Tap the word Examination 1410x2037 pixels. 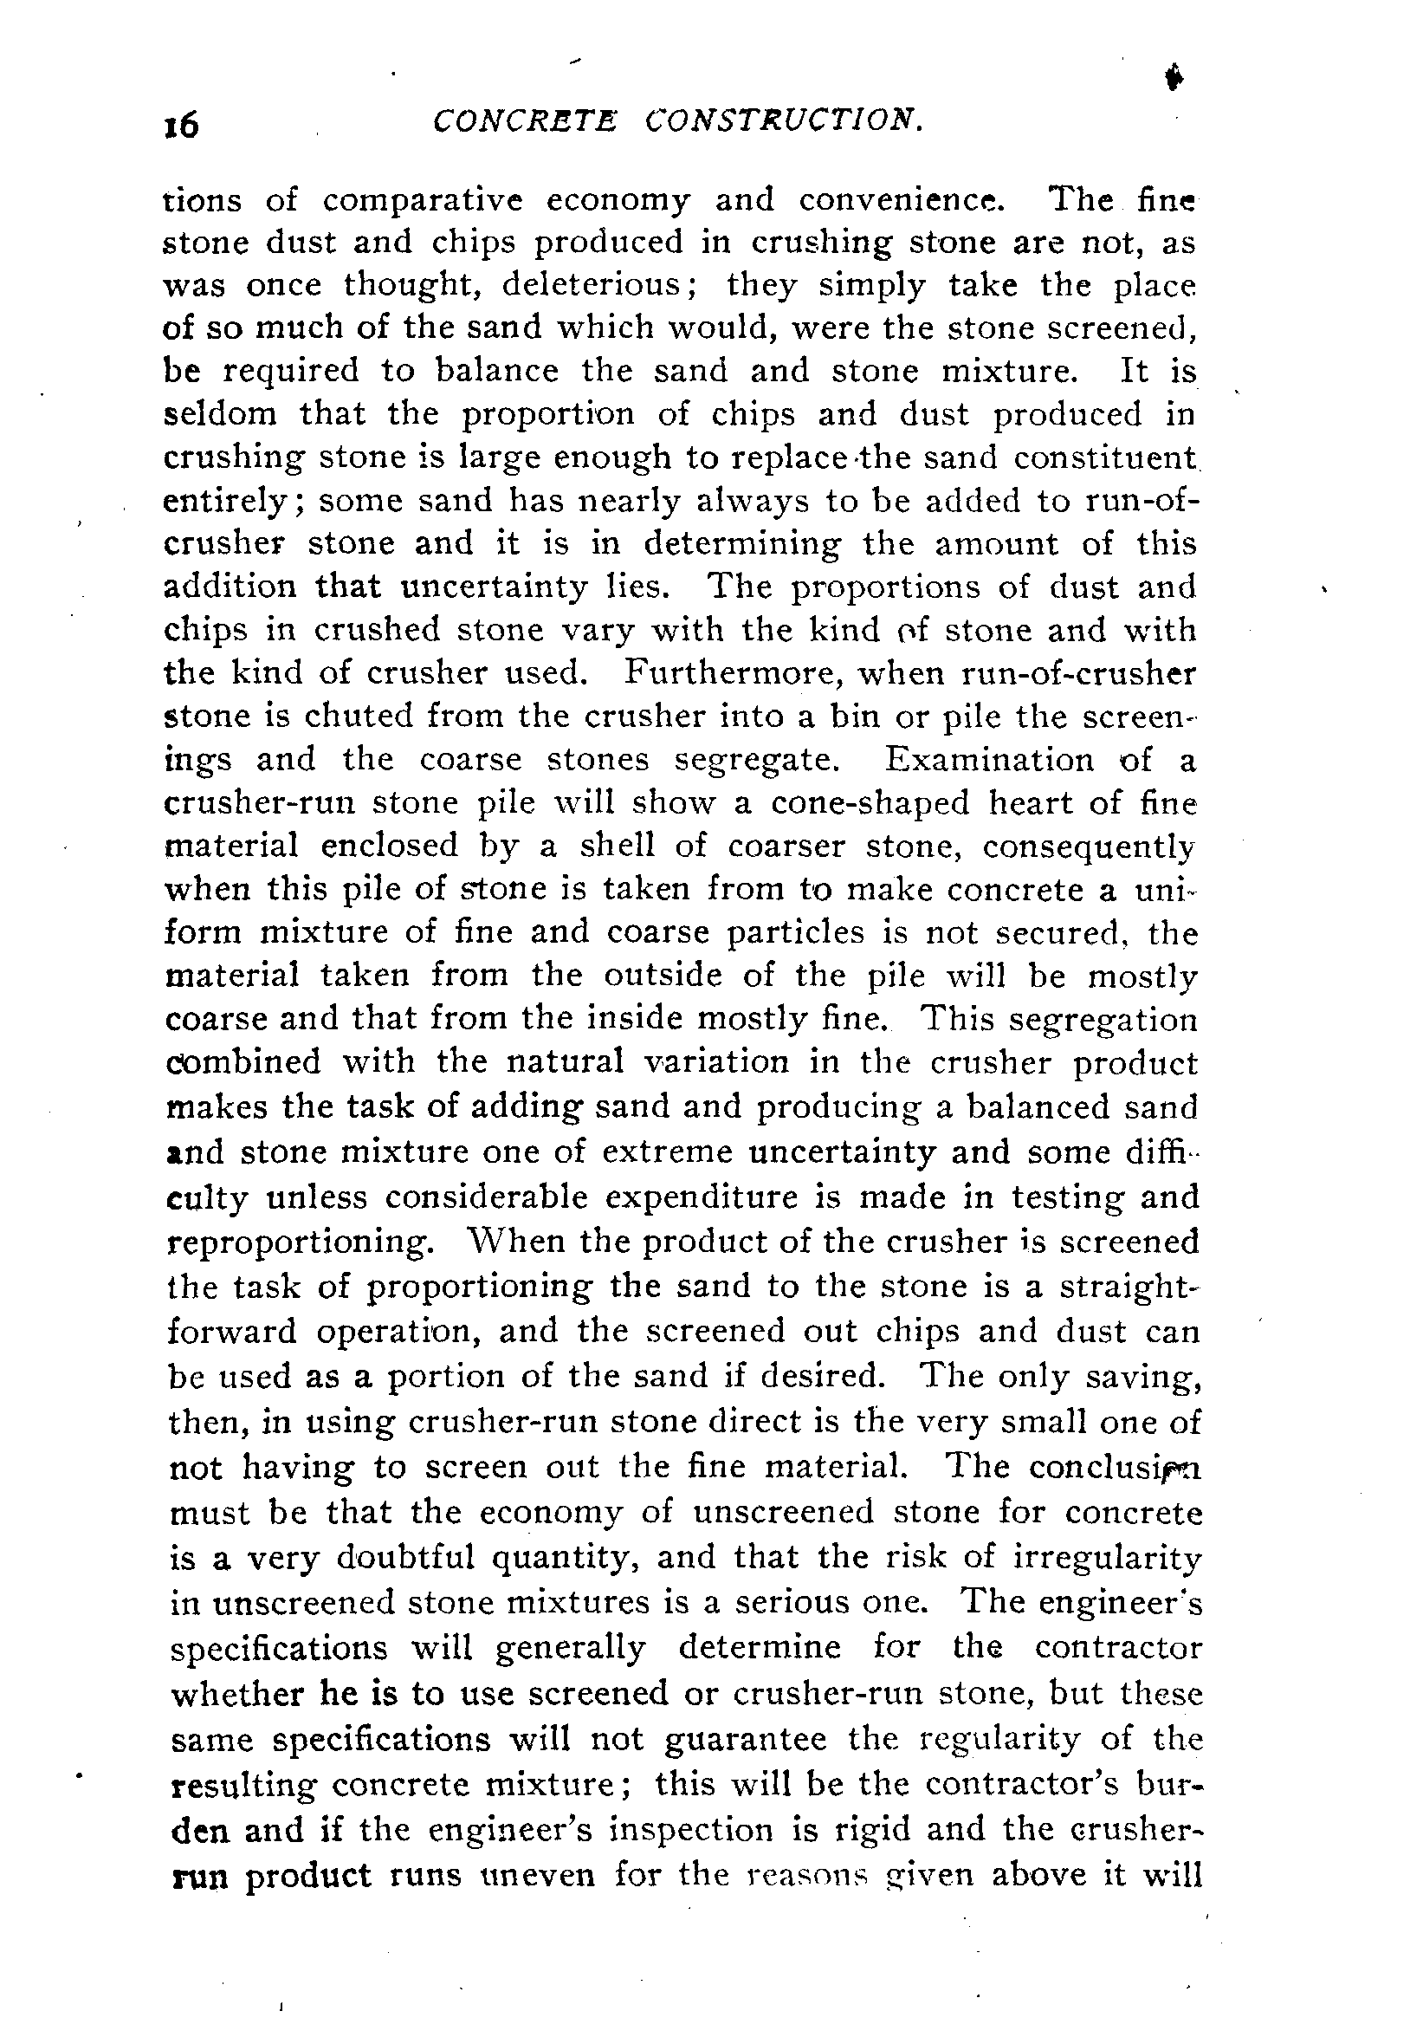[x=989, y=760]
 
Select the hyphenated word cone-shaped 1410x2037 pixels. [x=870, y=803]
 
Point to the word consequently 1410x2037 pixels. [x=1090, y=847]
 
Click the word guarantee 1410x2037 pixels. [x=745, y=1738]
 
